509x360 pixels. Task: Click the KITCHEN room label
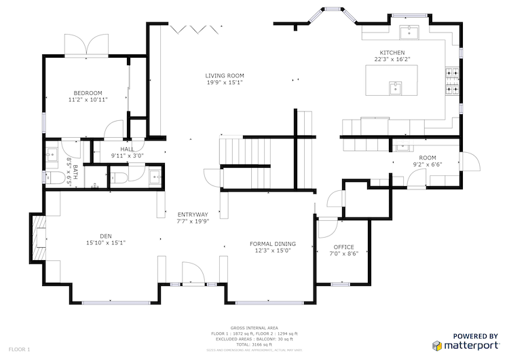[x=392, y=52]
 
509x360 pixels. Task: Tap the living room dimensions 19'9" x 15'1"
[x=225, y=83]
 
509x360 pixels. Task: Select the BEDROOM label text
[x=88, y=92]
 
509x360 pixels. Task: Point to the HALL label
[x=127, y=149]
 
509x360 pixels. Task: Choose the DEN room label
[x=105, y=236]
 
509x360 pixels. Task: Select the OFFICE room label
[x=343, y=247]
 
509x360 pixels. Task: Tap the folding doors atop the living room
[x=196, y=28]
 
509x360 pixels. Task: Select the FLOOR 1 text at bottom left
[x=19, y=349]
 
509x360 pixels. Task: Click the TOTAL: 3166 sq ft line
[x=254, y=344]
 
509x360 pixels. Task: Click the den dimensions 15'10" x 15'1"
[x=105, y=242]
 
